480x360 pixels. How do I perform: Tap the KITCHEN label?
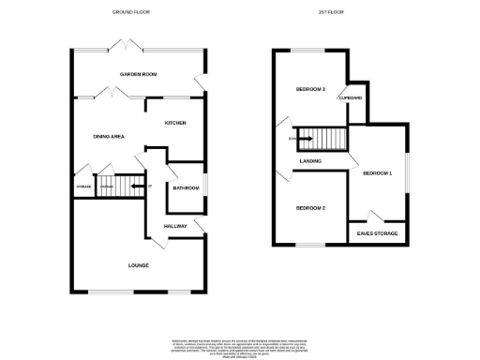[175, 123]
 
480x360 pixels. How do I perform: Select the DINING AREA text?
[109, 137]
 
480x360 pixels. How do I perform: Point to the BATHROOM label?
[186, 188]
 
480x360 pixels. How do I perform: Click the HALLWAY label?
[176, 226]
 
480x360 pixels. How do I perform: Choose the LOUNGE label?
[139, 266]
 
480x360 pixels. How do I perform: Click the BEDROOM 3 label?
[310, 89]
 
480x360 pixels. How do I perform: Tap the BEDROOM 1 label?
[378, 173]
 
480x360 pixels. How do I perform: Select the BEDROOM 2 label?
[310, 207]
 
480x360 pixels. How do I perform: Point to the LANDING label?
[312, 160]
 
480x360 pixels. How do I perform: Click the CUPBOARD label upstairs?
[352, 97]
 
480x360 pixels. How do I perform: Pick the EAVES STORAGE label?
[378, 233]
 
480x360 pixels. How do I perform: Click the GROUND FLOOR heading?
[130, 12]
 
